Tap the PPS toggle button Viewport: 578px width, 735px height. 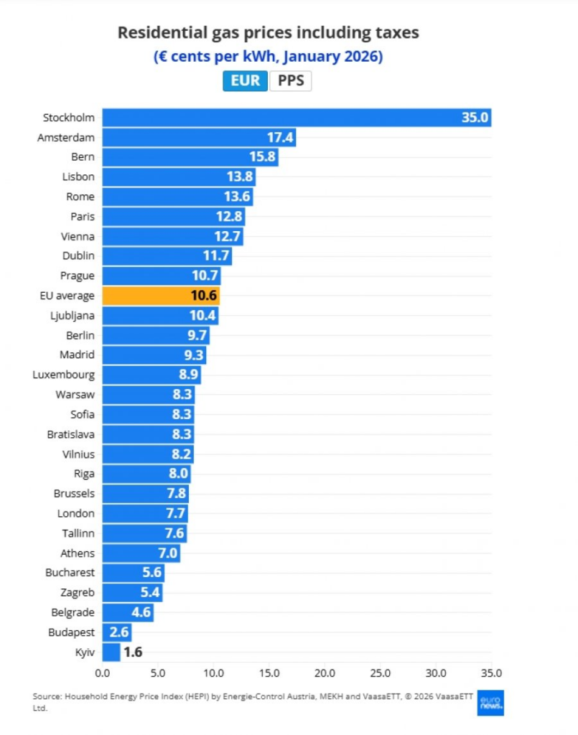coord(291,80)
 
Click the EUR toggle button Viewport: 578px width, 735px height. coord(246,80)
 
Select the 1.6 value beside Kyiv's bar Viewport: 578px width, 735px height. coord(133,652)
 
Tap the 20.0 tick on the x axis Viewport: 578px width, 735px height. coord(325,673)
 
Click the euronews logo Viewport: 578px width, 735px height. coord(490,703)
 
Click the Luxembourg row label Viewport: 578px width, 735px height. coord(63,375)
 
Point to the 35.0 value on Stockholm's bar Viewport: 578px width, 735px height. coord(475,118)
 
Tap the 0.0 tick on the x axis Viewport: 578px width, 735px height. coord(103,673)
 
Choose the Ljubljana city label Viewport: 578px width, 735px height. coord(70,315)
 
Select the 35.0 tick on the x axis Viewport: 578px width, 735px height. coord(491,673)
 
